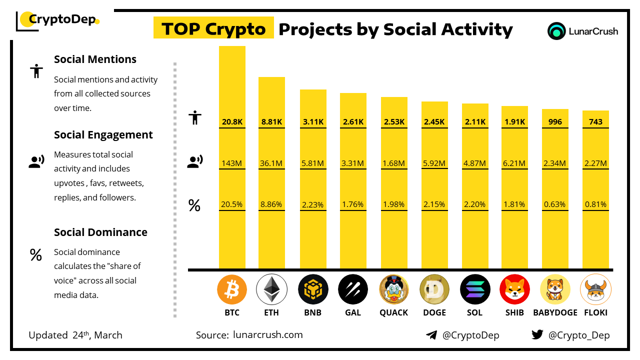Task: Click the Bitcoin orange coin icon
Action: click(232, 289)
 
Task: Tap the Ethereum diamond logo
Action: click(271, 289)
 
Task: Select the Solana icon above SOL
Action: click(474, 289)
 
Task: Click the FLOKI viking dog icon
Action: click(595, 289)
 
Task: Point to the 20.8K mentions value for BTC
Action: click(232, 121)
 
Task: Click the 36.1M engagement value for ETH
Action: click(271, 163)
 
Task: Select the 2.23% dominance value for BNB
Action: click(313, 204)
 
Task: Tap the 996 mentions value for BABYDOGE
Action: click(555, 121)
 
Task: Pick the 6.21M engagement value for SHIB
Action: click(514, 163)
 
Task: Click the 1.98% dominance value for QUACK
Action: click(394, 204)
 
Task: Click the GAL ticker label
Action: click(353, 312)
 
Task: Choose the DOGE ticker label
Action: click(434, 312)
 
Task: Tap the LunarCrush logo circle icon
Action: click(556, 31)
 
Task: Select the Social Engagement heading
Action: click(103, 135)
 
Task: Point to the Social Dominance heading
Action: click(100, 232)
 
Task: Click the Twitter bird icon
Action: click(537, 335)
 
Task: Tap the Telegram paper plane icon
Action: click(431, 335)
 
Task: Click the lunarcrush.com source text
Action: click(268, 335)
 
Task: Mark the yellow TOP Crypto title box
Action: click(213, 29)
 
